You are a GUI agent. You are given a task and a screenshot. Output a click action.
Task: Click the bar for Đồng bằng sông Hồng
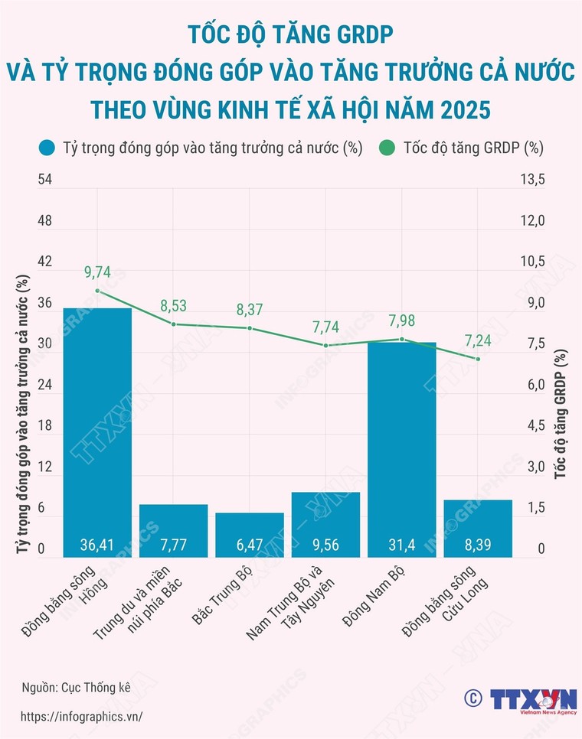(x=97, y=428)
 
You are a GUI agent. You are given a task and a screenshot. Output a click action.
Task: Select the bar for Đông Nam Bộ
(x=402, y=448)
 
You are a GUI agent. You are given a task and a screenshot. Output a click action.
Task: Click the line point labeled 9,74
(x=97, y=291)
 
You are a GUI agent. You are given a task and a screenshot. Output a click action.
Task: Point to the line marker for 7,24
(x=478, y=359)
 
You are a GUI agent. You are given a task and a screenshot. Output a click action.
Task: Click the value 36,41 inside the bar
(x=97, y=545)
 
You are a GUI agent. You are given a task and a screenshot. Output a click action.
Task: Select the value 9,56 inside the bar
(x=325, y=545)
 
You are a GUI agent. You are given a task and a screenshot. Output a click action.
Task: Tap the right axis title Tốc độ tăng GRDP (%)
(x=561, y=413)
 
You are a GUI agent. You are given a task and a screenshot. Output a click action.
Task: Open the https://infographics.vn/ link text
(x=81, y=716)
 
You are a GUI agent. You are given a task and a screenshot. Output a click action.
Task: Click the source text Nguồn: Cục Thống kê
(x=76, y=686)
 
